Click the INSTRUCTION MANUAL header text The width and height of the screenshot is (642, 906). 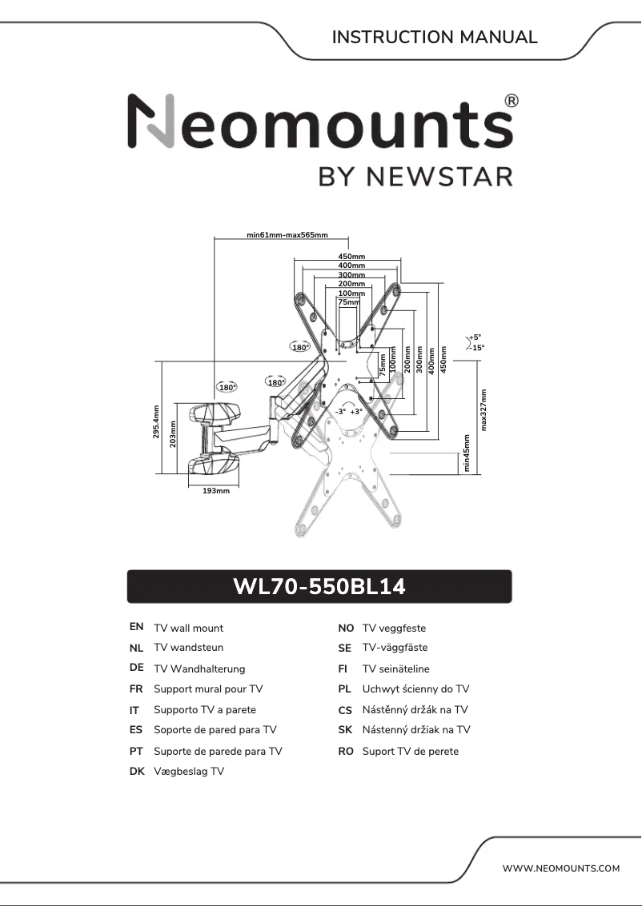(435, 37)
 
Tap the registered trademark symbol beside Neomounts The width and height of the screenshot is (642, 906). (512, 101)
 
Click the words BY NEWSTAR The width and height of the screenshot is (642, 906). (415, 176)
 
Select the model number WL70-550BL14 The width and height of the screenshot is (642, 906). (319, 587)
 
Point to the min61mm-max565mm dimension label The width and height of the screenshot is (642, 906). (287, 235)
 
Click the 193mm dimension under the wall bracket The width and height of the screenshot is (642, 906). (216, 490)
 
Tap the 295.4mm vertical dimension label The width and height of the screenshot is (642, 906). (156, 423)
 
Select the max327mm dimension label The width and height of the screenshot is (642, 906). (484, 409)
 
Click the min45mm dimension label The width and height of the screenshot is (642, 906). (467, 453)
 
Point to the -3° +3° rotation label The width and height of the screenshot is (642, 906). (349, 411)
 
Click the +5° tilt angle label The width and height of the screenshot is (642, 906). (475, 337)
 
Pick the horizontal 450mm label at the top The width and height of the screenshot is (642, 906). (351, 256)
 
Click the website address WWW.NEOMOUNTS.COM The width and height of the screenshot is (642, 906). (561, 868)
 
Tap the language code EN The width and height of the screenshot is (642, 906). (136, 628)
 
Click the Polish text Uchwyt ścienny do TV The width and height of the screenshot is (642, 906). (415, 688)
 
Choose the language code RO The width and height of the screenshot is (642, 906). (346, 751)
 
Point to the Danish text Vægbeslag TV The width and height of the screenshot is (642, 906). (189, 771)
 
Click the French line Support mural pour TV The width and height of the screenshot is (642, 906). (208, 688)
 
